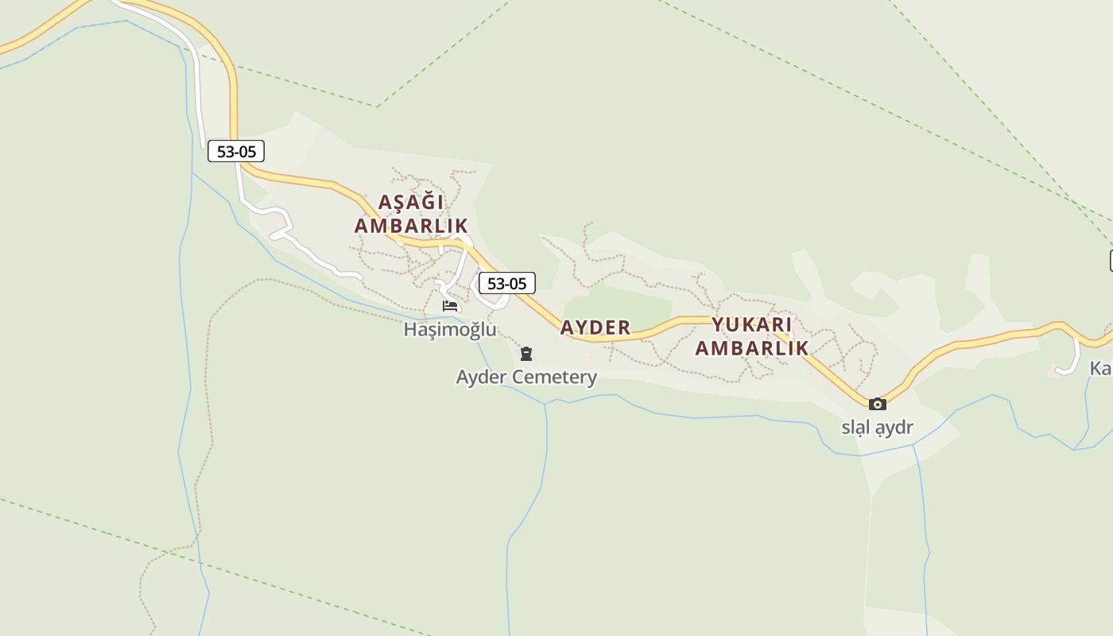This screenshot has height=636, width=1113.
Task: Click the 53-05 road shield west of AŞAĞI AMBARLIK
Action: click(236, 151)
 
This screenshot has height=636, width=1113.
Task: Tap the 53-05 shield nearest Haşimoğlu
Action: click(507, 283)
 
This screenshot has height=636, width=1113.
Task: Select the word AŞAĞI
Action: click(410, 202)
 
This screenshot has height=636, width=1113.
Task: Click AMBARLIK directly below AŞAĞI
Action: click(411, 226)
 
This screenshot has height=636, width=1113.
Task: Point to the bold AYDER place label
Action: click(595, 328)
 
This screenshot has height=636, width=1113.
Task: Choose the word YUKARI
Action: click(752, 324)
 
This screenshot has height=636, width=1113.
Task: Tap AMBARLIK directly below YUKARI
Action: click(752, 348)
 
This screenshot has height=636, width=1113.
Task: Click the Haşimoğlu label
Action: click(450, 329)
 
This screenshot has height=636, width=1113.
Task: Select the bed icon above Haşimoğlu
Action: click(450, 306)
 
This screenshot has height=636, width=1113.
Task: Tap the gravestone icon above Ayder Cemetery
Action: click(525, 354)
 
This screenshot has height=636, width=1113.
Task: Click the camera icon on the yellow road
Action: click(878, 404)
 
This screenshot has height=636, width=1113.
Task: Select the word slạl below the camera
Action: click(855, 428)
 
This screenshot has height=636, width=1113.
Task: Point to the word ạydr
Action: click(894, 428)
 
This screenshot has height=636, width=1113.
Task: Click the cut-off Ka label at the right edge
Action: click(1100, 368)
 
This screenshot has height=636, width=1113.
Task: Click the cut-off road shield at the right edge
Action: click(1111, 260)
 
